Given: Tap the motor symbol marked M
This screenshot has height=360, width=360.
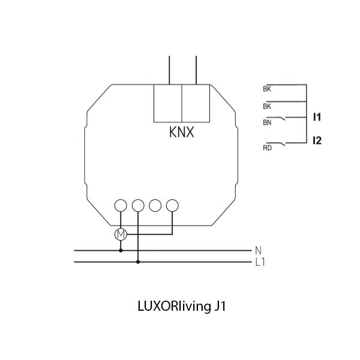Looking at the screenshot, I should coord(121,233).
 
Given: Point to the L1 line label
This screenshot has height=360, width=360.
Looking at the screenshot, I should coord(259,261).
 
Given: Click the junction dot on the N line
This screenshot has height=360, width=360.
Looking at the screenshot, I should coord(121,250).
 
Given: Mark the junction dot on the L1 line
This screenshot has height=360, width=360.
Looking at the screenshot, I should coord(138,261).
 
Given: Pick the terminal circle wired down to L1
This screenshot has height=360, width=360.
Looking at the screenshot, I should coord(138,205).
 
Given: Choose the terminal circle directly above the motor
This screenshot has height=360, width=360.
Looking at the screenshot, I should coord(121,205).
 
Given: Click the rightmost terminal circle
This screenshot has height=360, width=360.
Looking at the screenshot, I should coord(173,205).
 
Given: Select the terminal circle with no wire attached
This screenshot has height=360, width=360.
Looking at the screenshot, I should coord(155,205).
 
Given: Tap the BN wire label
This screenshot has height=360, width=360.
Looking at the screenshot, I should coord(267,122).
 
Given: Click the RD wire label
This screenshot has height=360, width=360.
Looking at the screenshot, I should coord(267,147).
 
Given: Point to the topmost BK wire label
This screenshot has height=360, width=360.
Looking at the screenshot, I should coord(267,89).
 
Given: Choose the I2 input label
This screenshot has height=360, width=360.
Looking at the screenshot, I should coord(318,142).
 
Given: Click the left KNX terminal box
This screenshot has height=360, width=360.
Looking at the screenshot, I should coord(168,104).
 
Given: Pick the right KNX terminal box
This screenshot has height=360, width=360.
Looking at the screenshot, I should coord(196,104).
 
